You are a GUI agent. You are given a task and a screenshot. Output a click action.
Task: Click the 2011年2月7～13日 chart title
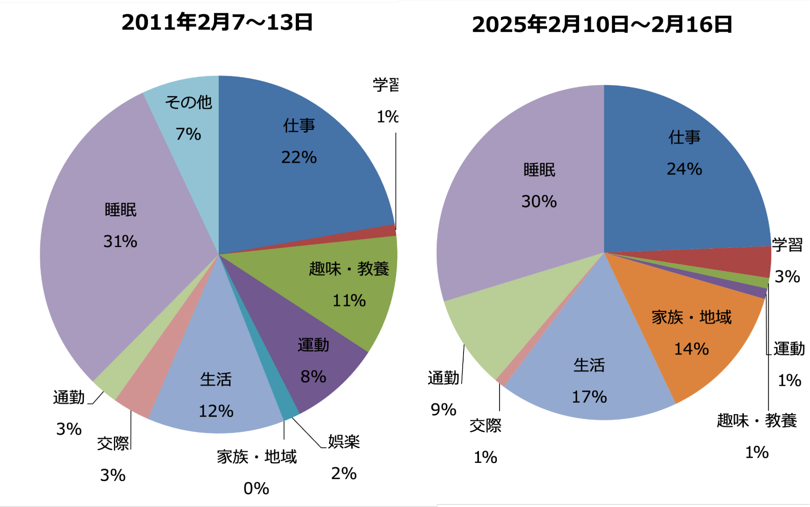[217, 22]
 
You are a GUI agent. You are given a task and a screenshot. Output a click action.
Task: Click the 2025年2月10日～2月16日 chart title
[602, 25]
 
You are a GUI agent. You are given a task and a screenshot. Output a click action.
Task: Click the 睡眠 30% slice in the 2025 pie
[539, 187]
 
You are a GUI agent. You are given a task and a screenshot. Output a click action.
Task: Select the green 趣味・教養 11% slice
[348, 284]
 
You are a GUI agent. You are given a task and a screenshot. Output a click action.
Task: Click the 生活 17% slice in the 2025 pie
[589, 381]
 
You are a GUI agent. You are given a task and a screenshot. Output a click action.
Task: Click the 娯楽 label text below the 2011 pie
[344, 441]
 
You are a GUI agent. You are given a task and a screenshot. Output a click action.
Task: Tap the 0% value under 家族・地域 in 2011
[256, 489]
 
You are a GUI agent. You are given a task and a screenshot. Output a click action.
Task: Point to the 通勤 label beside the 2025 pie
[443, 378]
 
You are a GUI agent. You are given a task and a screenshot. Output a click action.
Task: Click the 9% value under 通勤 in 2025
[443, 410]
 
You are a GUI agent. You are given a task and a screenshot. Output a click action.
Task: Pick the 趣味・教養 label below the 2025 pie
[757, 421]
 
